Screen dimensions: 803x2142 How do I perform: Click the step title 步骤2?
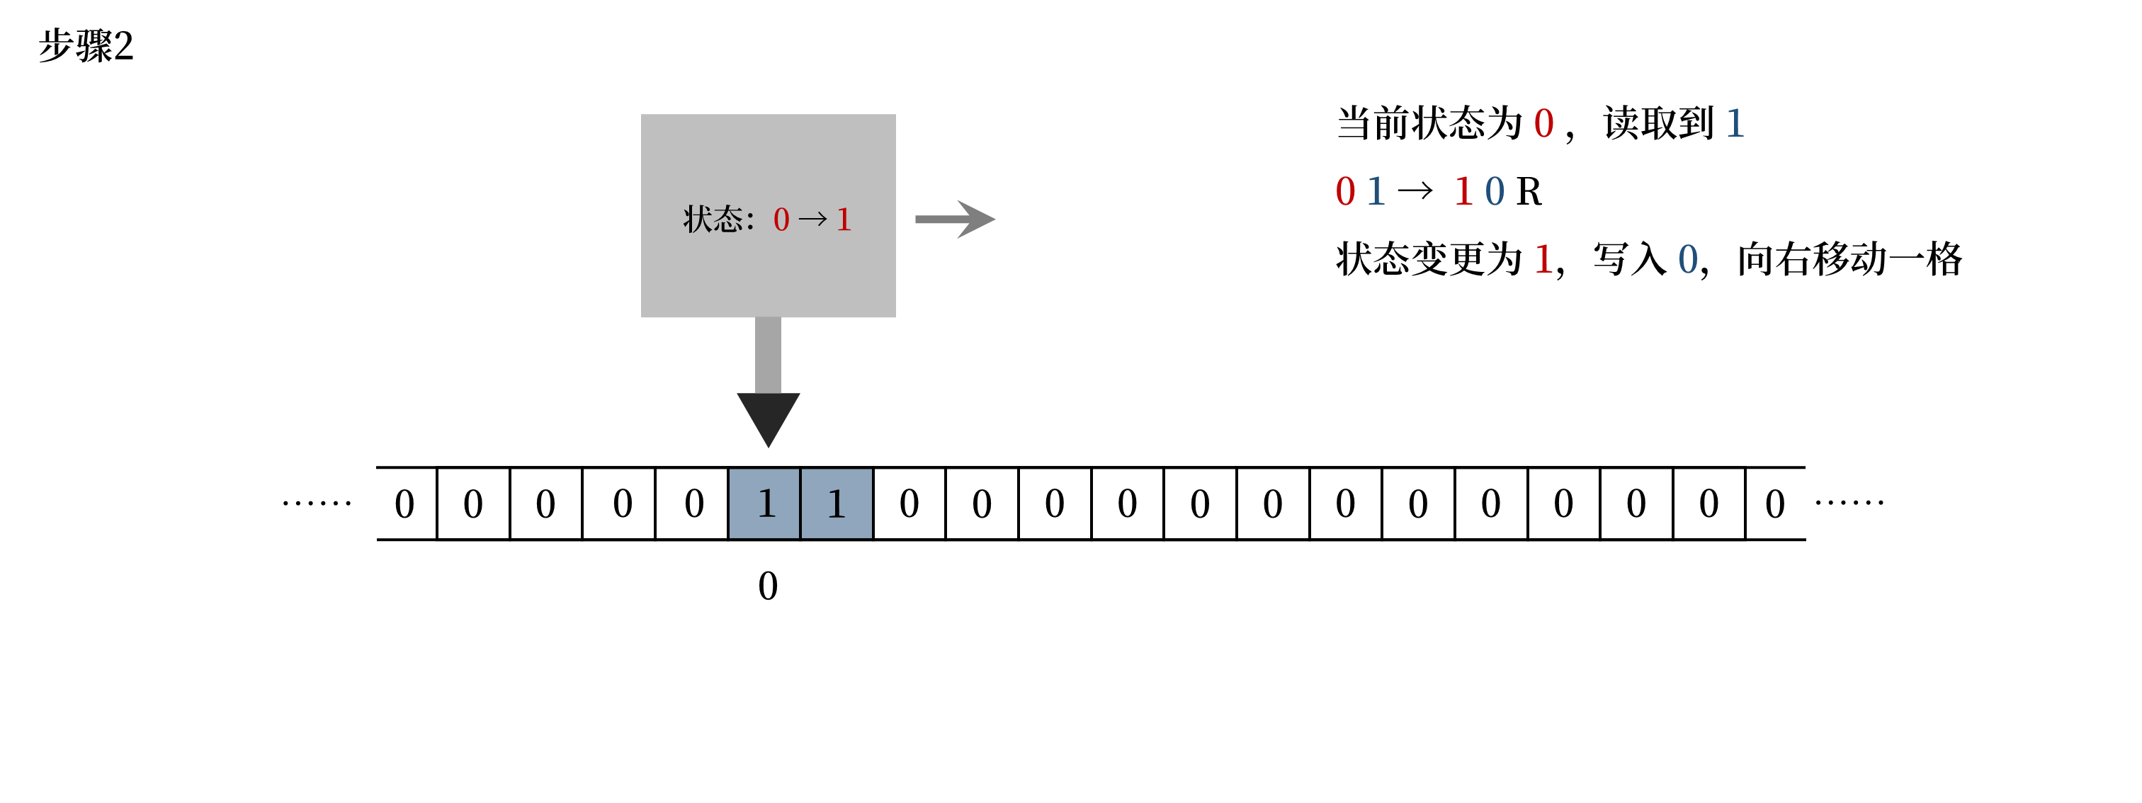(x=86, y=46)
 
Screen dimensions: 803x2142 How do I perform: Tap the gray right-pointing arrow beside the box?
(x=955, y=220)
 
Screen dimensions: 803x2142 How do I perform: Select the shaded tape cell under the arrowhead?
(x=765, y=503)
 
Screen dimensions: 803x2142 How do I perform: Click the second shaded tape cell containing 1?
(x=837, y=503)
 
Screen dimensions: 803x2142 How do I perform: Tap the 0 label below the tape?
(x=768, y=586)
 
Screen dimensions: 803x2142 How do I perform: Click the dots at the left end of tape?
(x=317, y=503)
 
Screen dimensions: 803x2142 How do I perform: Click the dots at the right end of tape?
(x=1849, y=502)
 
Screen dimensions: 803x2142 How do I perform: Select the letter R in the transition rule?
(x=1529, y=192)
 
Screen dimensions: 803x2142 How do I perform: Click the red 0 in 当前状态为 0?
(x=1543, y=124)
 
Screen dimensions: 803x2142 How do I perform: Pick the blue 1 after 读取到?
(x=1735, y=124)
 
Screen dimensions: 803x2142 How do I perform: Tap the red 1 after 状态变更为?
(x=1543, y=259)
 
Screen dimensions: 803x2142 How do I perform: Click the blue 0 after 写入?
(x=1687, y=259)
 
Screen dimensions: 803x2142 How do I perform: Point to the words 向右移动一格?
(x=1849, y=259)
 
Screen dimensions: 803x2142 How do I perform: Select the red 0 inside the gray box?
(x=781, y=220)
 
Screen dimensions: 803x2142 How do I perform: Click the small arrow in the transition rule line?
(x=1415, y=192)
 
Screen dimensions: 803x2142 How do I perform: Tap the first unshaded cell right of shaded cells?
(x=909, y=503)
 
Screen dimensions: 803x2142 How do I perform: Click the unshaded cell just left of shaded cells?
(x=693, y=503)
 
